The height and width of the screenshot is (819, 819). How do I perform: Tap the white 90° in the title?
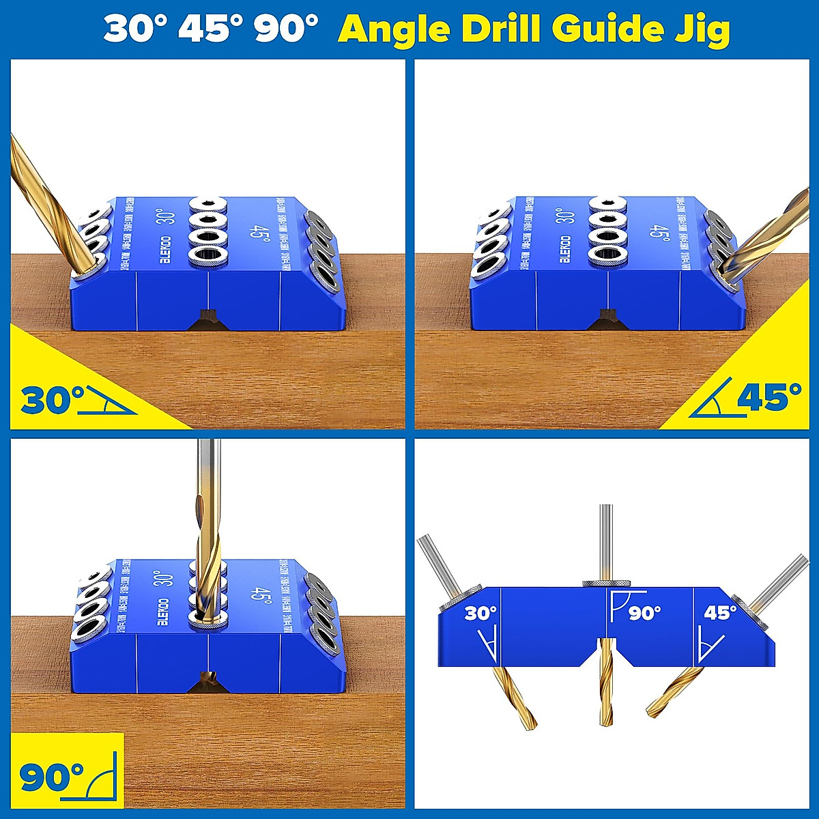287,29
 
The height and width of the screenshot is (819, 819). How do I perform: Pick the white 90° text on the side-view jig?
644,614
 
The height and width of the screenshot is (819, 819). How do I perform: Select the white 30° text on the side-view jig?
480,614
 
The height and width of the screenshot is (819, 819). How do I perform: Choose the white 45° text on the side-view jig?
720,613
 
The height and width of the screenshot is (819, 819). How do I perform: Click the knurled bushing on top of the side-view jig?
606,582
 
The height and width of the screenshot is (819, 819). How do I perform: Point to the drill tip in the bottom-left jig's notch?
206,680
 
